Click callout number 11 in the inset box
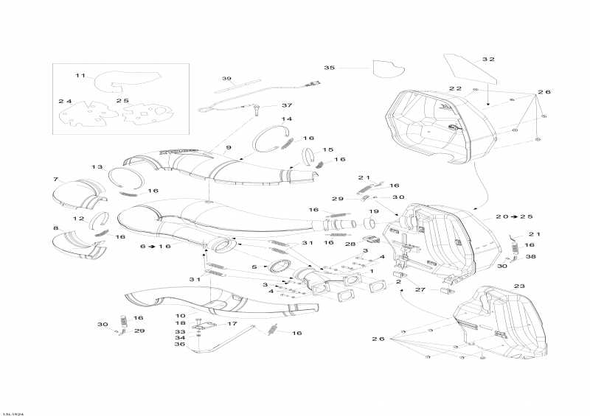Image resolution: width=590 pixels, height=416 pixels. (x=80, y=76)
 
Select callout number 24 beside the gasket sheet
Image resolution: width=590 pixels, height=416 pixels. (x=65, y=101)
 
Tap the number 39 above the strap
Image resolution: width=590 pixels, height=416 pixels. (x=226, y=79)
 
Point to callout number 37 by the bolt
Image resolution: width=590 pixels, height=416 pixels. (x=287, y=105)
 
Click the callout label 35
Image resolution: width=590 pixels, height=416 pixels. (x=329, y=68)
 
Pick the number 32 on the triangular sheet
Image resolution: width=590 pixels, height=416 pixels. (x=488, y=60)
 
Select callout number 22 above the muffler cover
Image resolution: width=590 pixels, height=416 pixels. (x=455, y=88)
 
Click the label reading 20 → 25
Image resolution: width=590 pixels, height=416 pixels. (x=514, y=216)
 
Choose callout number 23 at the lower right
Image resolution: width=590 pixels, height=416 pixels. (x=519, y=286)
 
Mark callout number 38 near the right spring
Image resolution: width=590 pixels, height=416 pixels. (x=530, y=257)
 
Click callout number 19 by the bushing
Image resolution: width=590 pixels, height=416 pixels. (x=373, y=211)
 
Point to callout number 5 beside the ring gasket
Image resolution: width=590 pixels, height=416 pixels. (x=254, y=267)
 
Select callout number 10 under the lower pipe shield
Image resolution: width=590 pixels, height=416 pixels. (x=181, y=316)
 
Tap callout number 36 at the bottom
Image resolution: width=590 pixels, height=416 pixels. (x=180, y=344)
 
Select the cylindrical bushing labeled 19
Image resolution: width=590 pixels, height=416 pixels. (x=369, y=224)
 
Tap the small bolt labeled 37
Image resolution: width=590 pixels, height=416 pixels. (x=257, y=110)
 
